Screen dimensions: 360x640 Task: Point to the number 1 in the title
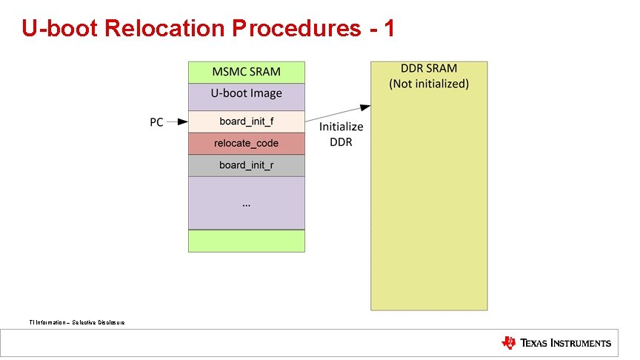[387, 28]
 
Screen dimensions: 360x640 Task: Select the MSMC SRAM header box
[246, 72]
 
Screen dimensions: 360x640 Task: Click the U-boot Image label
[246, 93]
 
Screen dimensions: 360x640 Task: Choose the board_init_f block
[246, 121]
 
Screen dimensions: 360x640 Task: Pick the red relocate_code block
[246, 143]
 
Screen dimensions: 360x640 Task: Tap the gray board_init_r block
[246, 164]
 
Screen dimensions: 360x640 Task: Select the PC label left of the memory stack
[156, 122]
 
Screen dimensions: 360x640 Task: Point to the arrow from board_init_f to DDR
[338, 113]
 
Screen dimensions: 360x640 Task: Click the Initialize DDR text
[341, 134]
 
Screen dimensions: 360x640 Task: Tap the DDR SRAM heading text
[429, 68]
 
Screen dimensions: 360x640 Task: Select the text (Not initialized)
[429, 84]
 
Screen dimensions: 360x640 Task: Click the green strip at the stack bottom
[246, 241]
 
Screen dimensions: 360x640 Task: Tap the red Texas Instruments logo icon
[509, 342]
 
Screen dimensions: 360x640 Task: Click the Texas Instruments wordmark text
[566, 343]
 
